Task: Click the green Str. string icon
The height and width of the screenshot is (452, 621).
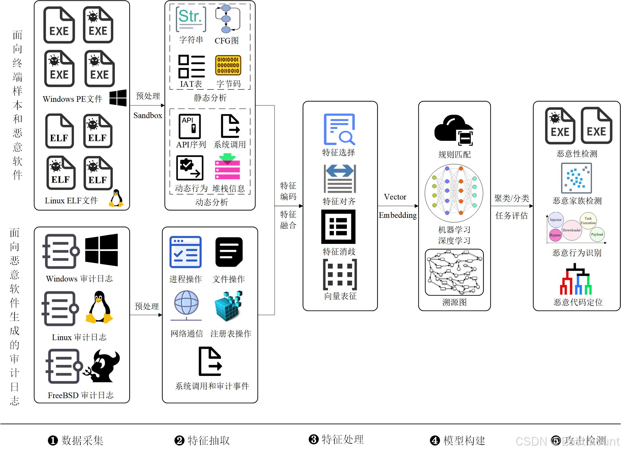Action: [x=191, y=19]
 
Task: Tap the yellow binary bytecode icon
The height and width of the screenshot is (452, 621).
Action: [x=228, y=65]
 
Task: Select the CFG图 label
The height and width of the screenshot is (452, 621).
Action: [x=227, y=41]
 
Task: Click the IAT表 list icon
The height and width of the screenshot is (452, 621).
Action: [x=191, y=66]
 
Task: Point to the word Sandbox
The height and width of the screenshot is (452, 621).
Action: [x=148, y=115]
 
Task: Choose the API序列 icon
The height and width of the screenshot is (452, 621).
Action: [x=190, y=126]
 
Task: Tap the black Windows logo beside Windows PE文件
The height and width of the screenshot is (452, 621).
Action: [x=118, y=98]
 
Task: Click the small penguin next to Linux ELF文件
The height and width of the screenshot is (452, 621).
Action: [x=117, y=198]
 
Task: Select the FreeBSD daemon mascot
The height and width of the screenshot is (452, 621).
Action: [x=102, y=366]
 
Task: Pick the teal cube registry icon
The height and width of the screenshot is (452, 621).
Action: [x=228, y=306]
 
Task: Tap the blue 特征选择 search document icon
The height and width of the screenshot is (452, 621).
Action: [x=339, y=129]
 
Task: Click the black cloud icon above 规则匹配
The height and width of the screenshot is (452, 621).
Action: [x=454, y=130]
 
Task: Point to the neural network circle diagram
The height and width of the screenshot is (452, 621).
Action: [x=454, y=193]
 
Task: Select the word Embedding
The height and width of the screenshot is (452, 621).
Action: [x=398, y=215]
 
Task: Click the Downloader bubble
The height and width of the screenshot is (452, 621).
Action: [x=572, y=230]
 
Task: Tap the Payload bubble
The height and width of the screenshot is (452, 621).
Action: [x=597, y=234]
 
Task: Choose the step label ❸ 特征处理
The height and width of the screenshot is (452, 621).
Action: [x=336, y=440]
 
